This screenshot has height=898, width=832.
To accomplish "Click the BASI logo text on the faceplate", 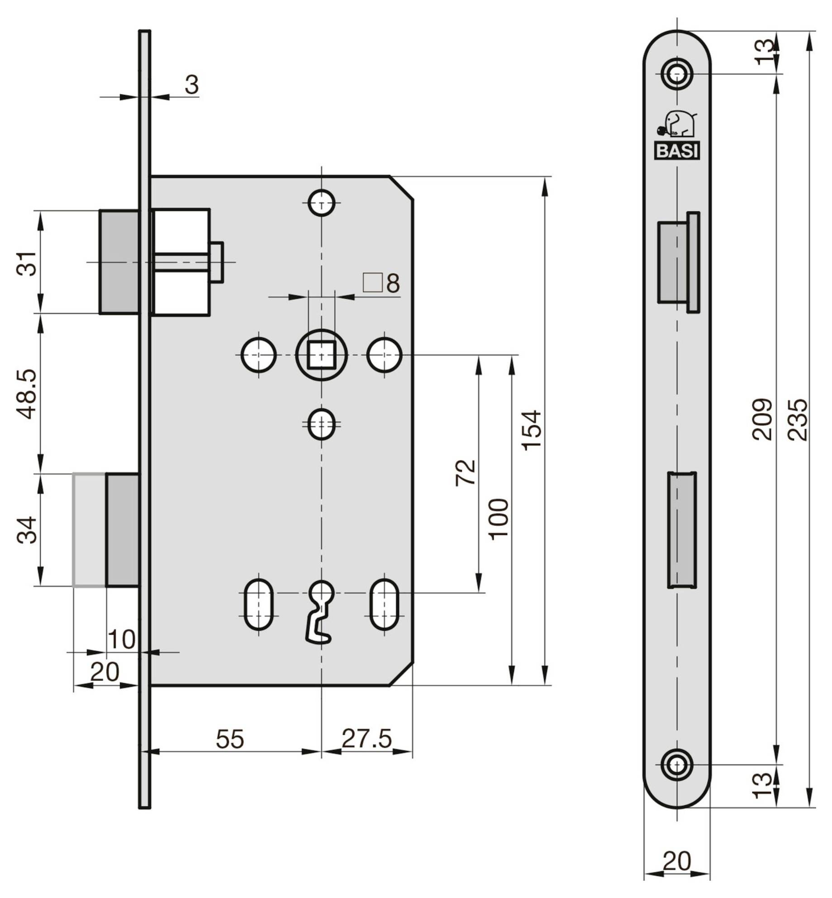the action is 677,151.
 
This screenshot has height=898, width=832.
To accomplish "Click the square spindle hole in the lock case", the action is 321,355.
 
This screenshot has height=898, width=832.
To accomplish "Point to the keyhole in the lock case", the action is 321,611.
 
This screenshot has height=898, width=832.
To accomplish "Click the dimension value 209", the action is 762,419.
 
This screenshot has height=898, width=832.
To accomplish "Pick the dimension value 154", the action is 532,430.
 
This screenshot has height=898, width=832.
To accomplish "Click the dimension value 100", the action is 499,519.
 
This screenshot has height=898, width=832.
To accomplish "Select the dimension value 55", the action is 230,739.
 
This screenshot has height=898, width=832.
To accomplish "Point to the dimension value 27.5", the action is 366,739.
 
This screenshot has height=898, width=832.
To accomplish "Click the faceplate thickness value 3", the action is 192,85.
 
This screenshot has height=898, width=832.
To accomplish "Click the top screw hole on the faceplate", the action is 677,73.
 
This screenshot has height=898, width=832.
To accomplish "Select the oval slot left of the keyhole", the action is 259,604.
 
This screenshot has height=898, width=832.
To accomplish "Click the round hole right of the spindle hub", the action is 385,355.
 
